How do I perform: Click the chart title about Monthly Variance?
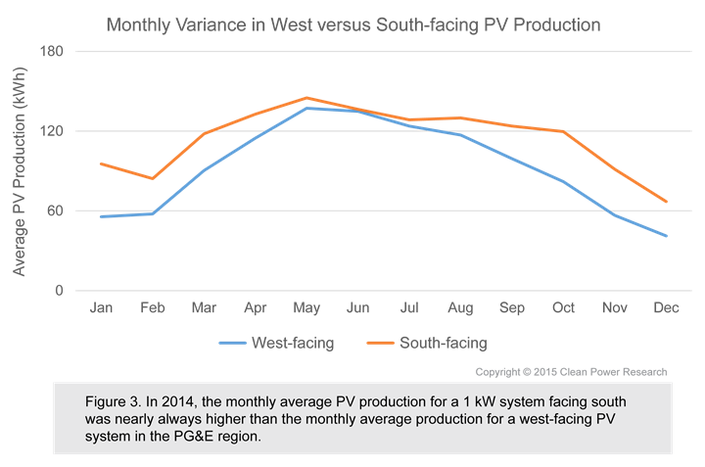352,23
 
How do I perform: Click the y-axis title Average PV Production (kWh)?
19,171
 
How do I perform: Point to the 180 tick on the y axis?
50,51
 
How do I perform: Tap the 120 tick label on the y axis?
50,131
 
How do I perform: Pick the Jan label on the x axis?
101,307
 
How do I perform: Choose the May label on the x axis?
306,307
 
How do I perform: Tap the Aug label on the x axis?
460,307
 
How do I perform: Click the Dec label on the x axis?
666,307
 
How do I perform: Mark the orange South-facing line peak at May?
306,98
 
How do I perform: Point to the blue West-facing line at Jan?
101,216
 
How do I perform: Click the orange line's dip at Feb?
152,178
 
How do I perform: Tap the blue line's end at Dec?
666,236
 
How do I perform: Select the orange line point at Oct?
563,131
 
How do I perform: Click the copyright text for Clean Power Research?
571,372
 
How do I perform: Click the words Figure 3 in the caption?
116,401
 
